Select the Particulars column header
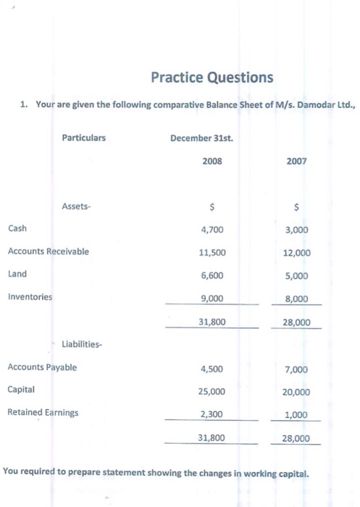[83, 137]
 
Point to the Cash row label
[17, 228]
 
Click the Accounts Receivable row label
[49, 251]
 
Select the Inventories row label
[30, 296]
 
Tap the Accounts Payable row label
[42, 367]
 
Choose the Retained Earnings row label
[43, 412]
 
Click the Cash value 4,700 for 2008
[212, 229]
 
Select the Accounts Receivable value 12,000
[296, 253]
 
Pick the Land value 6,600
[212, 275]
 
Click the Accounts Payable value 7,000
[298, 369]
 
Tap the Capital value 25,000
[212, 391]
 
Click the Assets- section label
[77, 206]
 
